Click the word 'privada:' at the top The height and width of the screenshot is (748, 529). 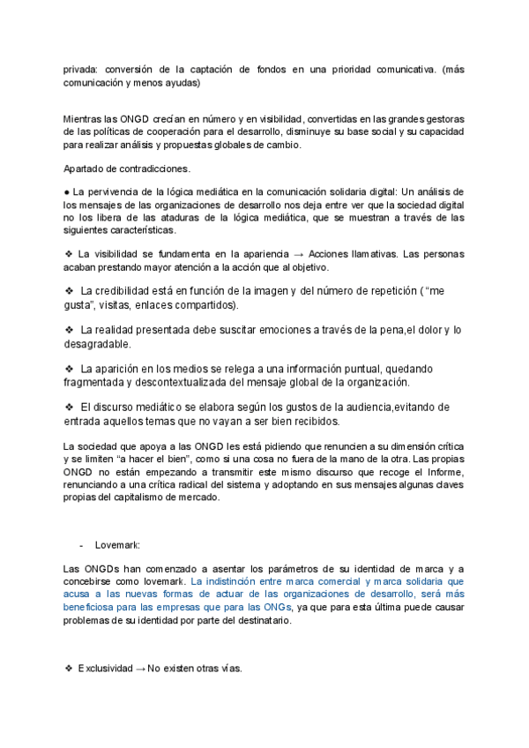tap(81, 70)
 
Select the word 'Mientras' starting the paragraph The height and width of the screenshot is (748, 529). tap(84, 119)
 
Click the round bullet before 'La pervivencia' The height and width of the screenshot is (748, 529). tap(67, 191)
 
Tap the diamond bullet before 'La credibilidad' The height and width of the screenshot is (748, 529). tap(69, 291)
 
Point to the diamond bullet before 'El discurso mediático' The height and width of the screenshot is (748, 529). tap(69, 407)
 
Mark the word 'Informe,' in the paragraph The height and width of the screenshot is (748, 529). tap(442, 473)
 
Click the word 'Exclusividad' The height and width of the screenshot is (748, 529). tap(103, 669)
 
